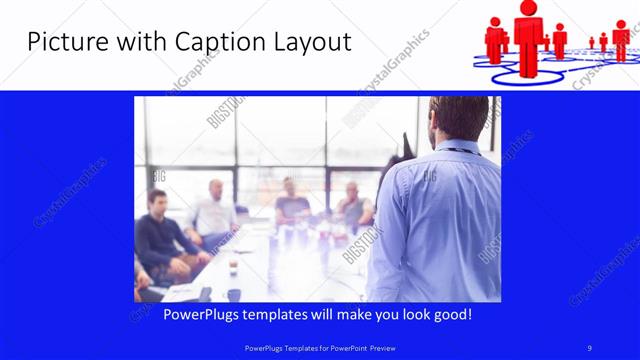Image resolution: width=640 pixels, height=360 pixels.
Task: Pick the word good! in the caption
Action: (x=451, y=315)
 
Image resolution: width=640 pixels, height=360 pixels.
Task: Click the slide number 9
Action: (x=590, y=347)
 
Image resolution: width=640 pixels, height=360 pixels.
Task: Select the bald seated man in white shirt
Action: (x=213, y=211)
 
